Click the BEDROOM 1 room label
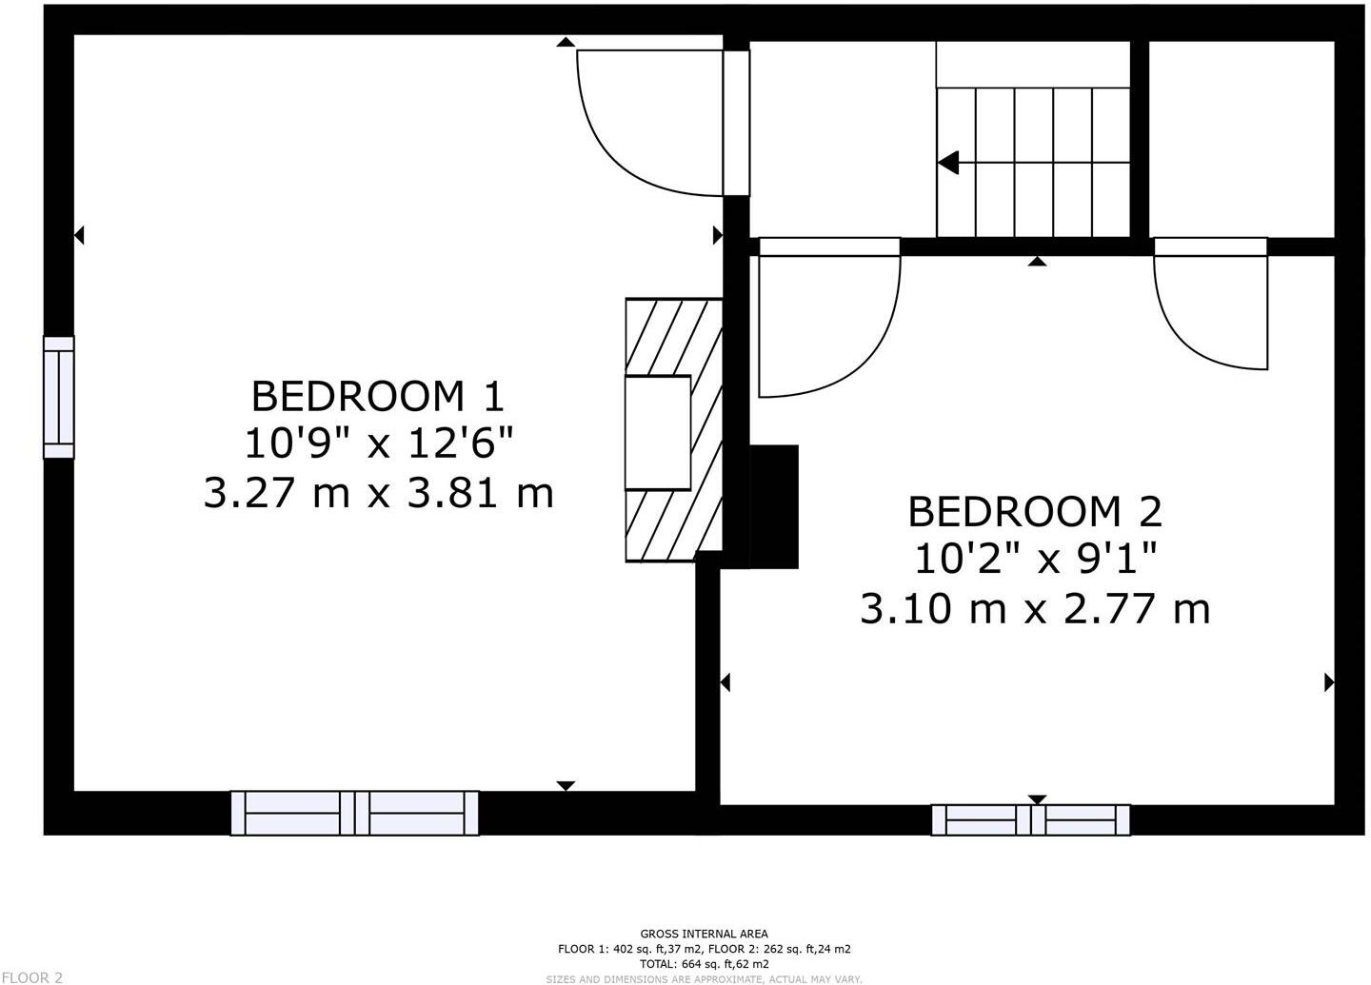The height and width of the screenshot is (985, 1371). click(x=377, y=394)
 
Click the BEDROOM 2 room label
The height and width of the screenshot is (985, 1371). click(x=1035, y=511)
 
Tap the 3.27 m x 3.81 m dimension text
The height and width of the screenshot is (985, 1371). click(x=379, y=493)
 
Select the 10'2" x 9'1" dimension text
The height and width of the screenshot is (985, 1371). click(x=1036, y=560)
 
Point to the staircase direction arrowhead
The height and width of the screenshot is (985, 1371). click(x=948, y=163)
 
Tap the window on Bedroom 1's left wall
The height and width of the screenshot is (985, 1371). click(x=58, y=397)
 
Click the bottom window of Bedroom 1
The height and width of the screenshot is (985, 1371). click(x=355, y=813)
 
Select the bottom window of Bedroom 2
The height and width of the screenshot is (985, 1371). click(x=1030, y=819)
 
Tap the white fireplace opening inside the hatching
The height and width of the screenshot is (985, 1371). click(x=657, y=433)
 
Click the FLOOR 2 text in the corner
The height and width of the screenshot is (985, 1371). click(x=31, y=976)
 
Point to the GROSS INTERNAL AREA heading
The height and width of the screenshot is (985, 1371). click(x=704, y=934)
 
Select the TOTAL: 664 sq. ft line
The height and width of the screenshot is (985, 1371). click(x=704, y=964)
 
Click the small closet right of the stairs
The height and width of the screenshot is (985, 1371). click(x=1242, y=139)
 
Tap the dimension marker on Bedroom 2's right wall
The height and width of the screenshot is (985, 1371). click(x=1329, y=682)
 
